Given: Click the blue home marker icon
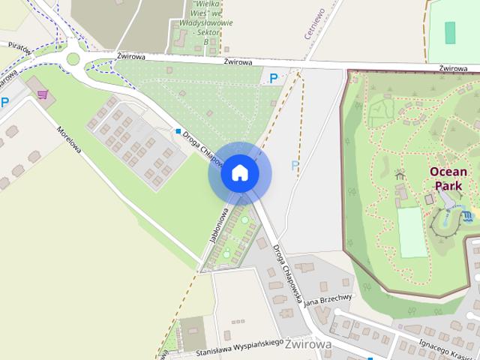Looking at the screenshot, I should coord(239,173).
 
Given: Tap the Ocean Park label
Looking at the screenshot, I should coord(448,178).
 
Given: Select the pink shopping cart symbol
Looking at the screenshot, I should coord(43,94).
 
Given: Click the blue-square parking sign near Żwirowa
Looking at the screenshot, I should coord(274,76).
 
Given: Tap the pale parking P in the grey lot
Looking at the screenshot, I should coord(295,165).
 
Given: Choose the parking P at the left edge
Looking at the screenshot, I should coord(4,103).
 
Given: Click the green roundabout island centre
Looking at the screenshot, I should coord(73,58).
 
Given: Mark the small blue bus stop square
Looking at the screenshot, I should coord(178,131).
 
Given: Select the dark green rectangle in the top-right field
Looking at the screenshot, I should coord(450,32).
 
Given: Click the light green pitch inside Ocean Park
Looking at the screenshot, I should coord(412,232).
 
